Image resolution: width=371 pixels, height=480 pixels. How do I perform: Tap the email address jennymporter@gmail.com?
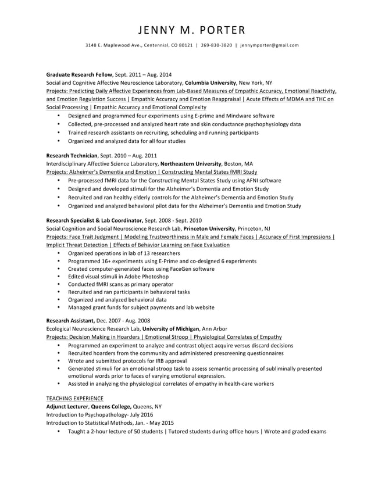point(270,45)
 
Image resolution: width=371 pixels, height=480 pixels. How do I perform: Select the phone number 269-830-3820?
point(216,45)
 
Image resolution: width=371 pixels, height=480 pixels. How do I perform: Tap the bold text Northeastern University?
point(191,164)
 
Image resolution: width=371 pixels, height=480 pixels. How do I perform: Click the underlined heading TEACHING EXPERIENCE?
point(74,399)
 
